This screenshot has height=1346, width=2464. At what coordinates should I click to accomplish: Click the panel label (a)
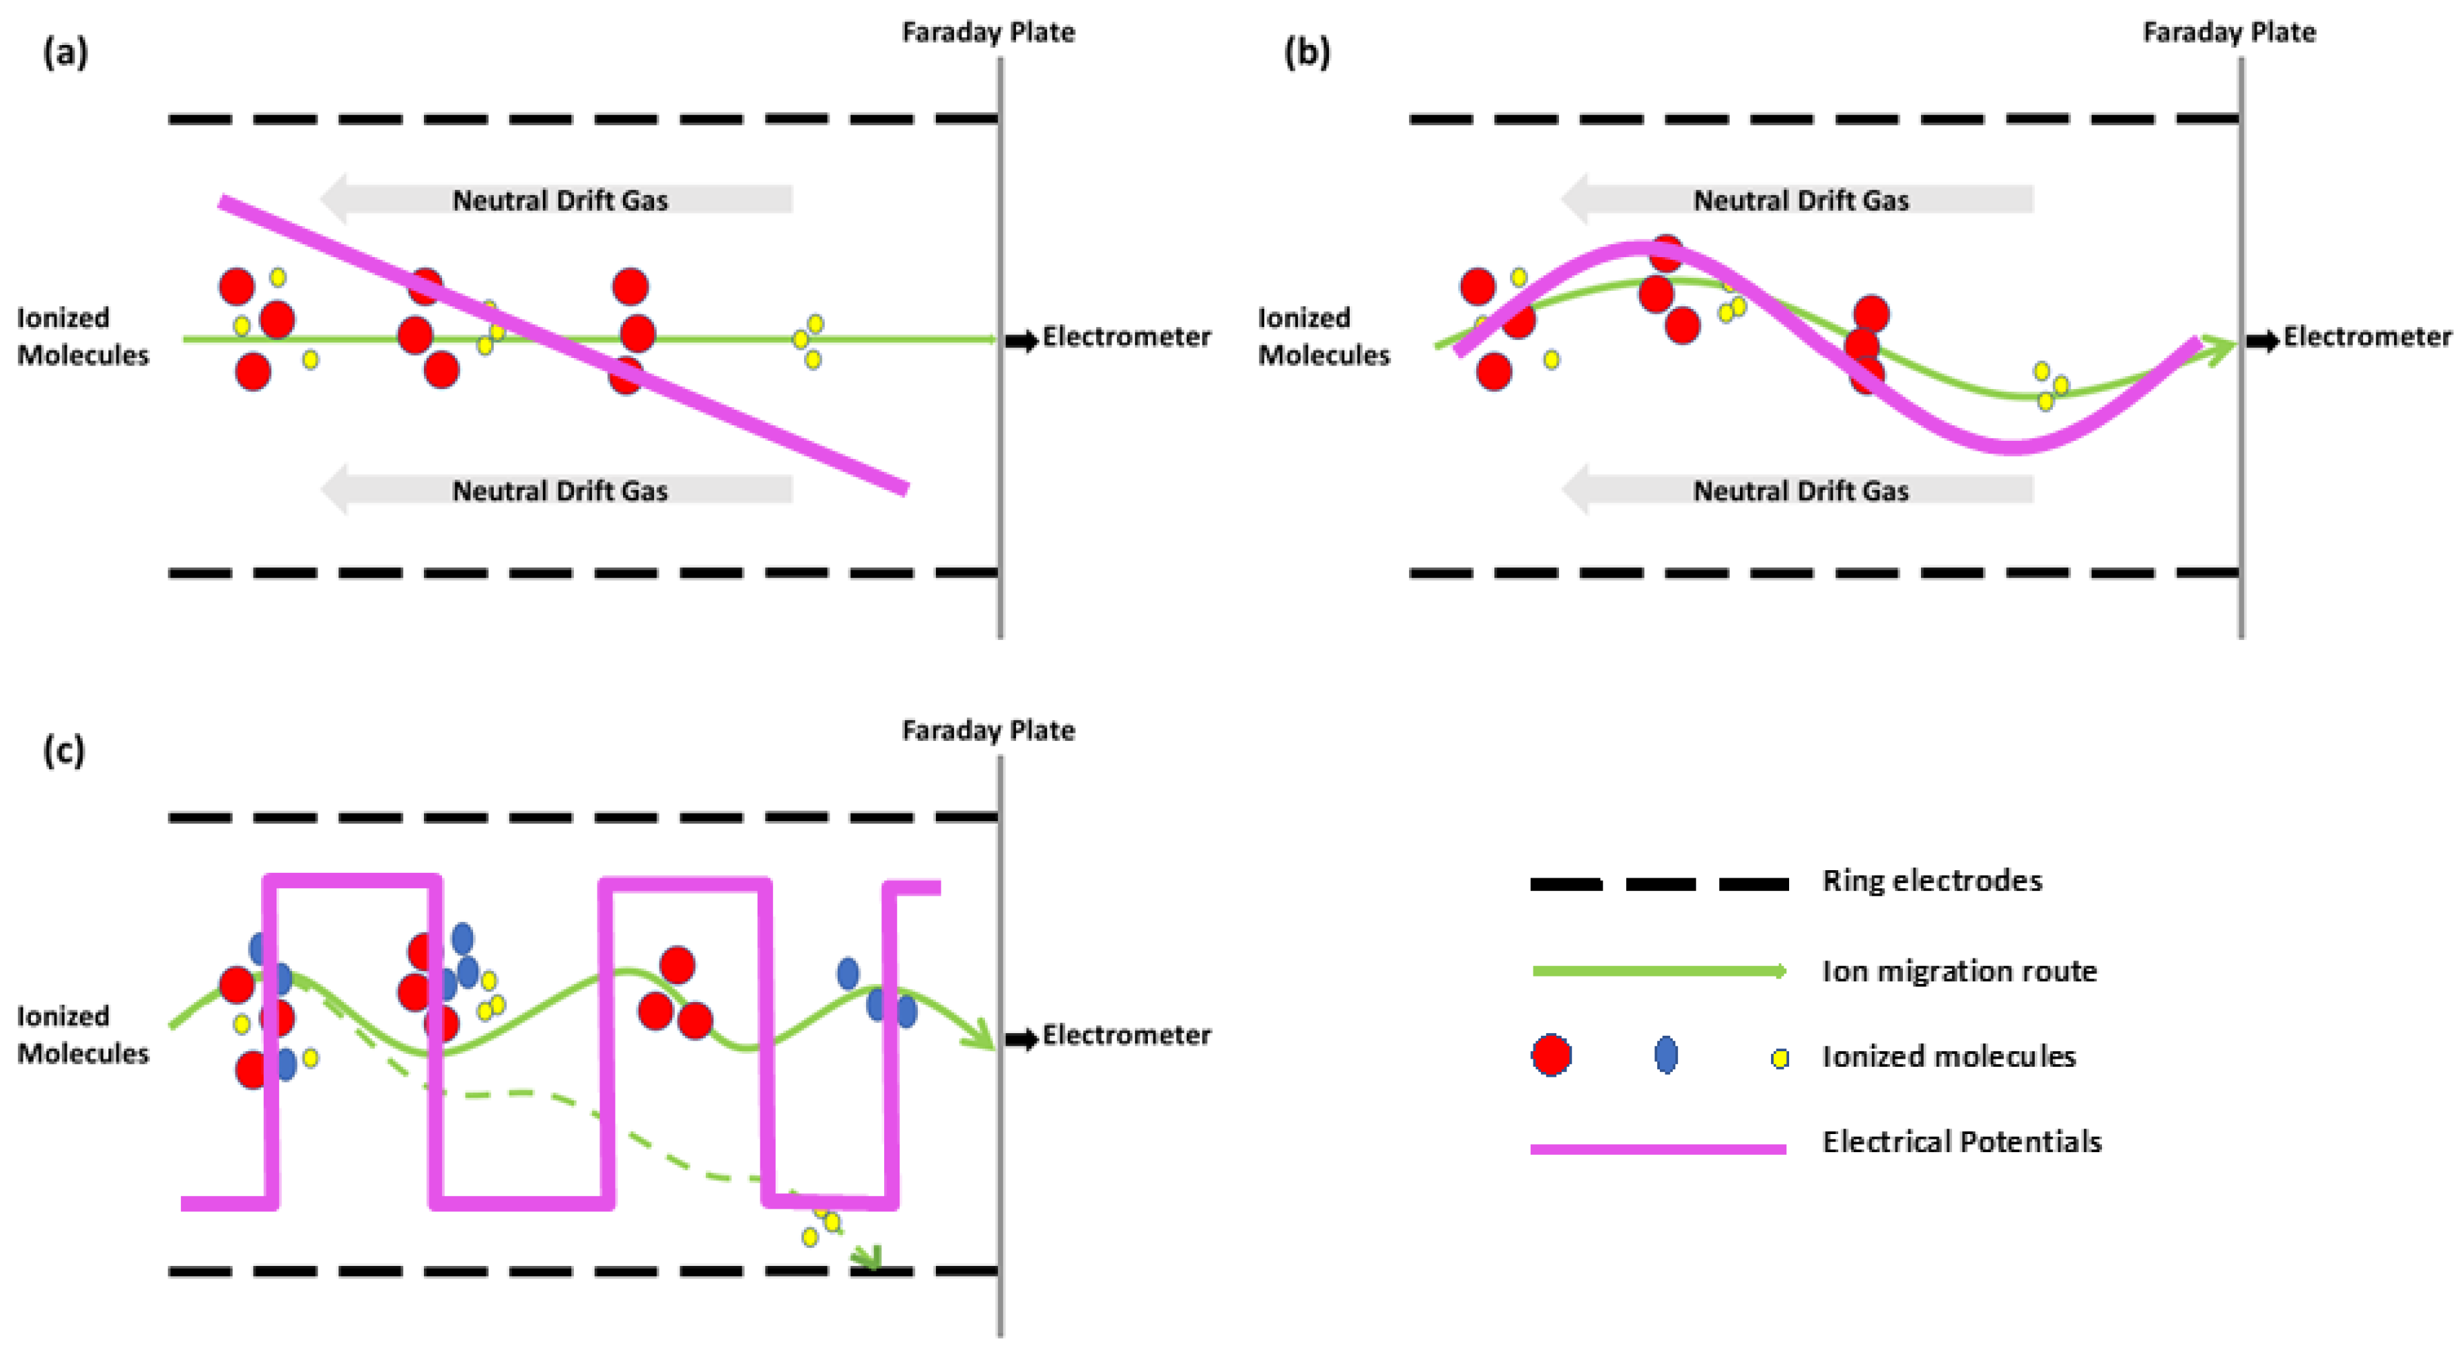coord(65,52)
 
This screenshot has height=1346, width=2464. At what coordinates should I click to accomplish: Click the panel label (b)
coord(1307,52)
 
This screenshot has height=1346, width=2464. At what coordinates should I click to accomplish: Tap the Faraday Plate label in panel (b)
coord(2229,32)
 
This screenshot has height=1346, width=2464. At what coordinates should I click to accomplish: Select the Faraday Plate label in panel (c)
coord(988,731)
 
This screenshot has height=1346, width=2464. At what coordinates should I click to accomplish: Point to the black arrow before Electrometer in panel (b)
coord(2262,341)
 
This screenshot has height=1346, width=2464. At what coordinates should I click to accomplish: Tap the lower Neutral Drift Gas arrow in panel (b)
coord(1799,490)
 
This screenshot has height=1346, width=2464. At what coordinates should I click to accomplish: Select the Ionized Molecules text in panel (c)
coord(83,1034)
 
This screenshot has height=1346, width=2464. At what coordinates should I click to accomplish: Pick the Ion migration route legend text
coord(1958,971)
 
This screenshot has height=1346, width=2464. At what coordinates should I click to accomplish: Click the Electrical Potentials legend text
coord(1961,1141)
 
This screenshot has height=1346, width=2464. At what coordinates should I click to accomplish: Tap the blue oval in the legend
coord(1665,1055)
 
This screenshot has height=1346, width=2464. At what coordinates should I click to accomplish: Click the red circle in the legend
coord(1550,1055)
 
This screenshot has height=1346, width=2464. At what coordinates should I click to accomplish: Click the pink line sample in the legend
coord(1658,1148)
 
